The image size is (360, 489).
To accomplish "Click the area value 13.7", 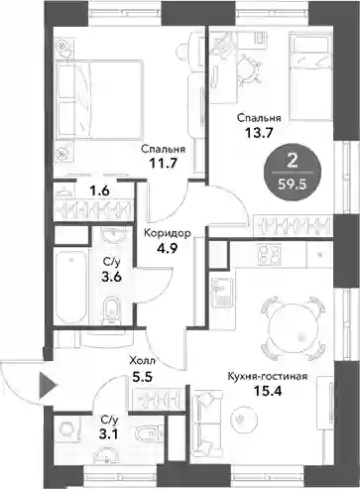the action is [259, 133].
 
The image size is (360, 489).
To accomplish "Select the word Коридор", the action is [168, 233].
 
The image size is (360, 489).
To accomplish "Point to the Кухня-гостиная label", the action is [268, 376].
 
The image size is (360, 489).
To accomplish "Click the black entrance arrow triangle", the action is [48, 385].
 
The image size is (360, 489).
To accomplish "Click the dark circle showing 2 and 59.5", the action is [293, 172].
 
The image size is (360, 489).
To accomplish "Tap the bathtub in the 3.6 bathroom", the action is [70, 287].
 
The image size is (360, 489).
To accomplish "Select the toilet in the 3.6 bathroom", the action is [111, 310].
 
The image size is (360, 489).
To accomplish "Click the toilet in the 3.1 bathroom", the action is [149, 432].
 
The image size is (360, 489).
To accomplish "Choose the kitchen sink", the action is [222, 293].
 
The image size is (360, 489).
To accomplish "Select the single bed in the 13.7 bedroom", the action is [310, 76].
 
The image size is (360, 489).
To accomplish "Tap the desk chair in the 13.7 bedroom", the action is [249, 69].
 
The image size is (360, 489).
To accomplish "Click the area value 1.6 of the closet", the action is [99, 191].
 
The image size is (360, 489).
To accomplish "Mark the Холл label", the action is [143, 360].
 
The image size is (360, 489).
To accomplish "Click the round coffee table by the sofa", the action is [243, 418].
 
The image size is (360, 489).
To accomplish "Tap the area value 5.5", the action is [142, 377].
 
